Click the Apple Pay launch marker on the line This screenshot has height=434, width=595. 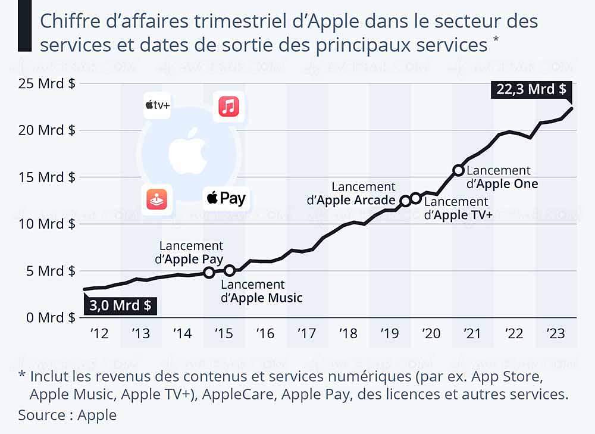tap(209, 273)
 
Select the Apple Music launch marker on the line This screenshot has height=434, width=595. tap(230, 271)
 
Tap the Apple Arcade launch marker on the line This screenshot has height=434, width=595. tap(405, 201)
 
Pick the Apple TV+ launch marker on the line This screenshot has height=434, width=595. tap(416, 198)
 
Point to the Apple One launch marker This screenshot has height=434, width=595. tap(458, 170)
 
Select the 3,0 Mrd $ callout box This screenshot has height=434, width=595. tap(120, 306)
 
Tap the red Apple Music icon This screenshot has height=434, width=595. tap(229, 107)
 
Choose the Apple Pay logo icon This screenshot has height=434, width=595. tap(226, 198)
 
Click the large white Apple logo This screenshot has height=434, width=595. tap(187, 150)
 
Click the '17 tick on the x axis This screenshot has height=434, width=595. tap(306, 333)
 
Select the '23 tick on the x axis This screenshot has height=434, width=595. tap(556, 333)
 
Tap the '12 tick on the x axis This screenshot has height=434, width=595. tap(99, 333)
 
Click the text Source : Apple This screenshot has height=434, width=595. tap(67, 414)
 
